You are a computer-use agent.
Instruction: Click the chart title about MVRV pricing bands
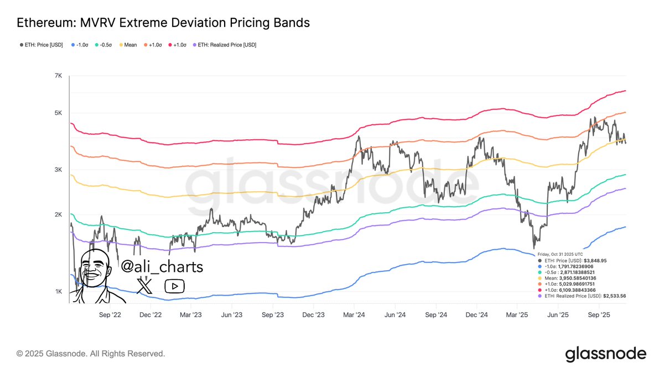(163, 23)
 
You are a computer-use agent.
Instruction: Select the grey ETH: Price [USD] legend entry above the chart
(40, 45)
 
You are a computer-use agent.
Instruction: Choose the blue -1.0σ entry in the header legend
(81, 45)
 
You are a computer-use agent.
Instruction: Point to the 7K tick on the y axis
(58, 76)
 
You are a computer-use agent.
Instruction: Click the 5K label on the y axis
(58, 113)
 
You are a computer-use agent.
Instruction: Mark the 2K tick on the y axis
(58, 215)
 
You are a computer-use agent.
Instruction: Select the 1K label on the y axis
(58, 292)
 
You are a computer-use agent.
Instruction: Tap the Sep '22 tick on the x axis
(109, 315)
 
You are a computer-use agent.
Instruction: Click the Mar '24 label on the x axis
(354, 315)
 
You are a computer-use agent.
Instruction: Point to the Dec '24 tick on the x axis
(476, 315)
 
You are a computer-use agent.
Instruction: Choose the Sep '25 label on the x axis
(598, 315)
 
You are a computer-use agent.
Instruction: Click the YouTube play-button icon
(175, 286)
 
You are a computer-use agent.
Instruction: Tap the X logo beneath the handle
(145, 286)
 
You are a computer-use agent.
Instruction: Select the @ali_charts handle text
(162, 267)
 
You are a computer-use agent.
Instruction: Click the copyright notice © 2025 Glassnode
(91, 353)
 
